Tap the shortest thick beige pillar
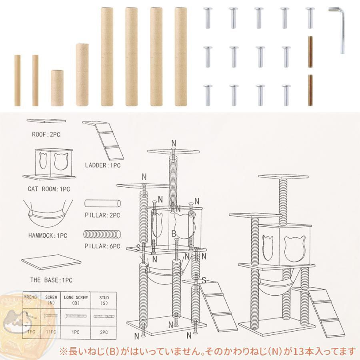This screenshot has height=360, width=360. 57,88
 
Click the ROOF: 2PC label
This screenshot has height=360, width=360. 46,134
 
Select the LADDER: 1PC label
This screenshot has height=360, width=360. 103,165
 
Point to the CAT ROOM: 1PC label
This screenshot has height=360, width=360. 49,189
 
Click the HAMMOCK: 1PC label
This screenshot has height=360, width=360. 48,236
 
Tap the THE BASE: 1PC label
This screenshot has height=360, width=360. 51,280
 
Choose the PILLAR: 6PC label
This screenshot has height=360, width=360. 102,246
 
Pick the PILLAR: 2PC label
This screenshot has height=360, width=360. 102,215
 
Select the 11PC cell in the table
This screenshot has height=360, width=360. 51,332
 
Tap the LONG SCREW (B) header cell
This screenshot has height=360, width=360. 76,300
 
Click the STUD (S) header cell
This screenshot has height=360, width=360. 104,300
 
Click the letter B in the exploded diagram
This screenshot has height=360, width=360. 174,234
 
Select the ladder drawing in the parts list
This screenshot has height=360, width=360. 103,140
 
